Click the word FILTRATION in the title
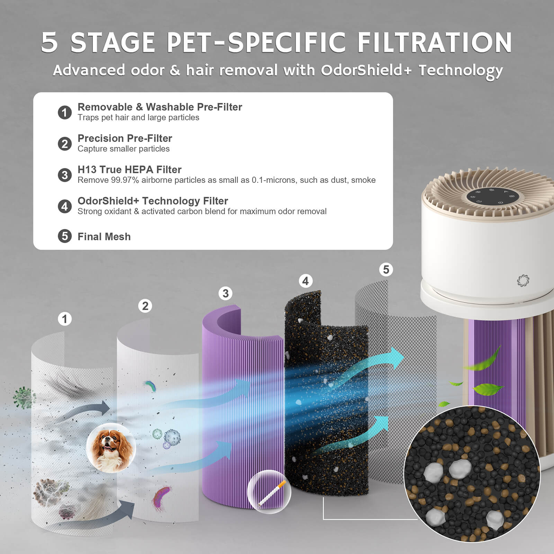coord(434,42)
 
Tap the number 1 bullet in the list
coord(64,112)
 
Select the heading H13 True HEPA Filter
coord(129,170)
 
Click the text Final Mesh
coord(104,236)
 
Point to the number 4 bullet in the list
coord(64,206)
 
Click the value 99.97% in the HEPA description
coord(125,180)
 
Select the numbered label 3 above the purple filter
coord(225,293)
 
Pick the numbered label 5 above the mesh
coord(386,269)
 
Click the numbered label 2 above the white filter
coord(145,306)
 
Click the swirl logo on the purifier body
coord(523,280)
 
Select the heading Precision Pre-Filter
coord(125,138)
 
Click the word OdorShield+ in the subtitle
coord(366,70)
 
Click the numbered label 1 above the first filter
coord(64,319)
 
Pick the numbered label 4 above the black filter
coord(305,281)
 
